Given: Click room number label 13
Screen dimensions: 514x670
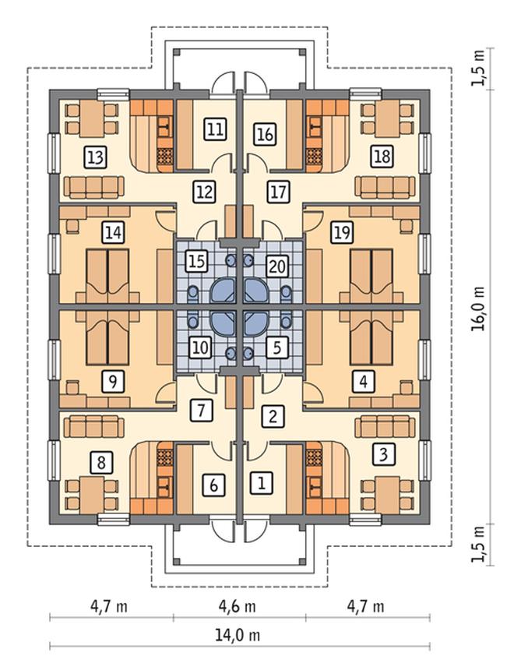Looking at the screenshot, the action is [95, 157].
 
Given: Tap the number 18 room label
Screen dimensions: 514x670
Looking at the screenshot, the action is [382, 156].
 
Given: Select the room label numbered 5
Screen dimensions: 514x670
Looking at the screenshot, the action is [276, 347].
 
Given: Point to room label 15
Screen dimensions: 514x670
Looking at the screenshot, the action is [196, 261].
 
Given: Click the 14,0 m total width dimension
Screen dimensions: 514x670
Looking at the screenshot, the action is [237, 635].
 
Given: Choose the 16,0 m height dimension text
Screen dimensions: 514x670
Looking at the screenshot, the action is [479, 308].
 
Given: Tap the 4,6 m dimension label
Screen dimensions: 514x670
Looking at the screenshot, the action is [237, 606].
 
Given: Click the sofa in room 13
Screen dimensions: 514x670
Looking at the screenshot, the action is [94, 187].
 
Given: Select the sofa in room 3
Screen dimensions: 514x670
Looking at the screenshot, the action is [385, 426].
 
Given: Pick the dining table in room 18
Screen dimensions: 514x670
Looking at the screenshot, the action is [387, 118].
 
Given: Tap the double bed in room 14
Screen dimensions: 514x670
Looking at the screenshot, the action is [107, 277].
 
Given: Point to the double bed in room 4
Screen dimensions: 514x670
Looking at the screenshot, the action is [371, 337].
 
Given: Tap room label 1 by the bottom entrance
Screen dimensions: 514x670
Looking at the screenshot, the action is [261, 483].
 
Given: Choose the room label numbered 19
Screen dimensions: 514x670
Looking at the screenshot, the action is [342, 233].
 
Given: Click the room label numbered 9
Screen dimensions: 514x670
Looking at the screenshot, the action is [113, 381].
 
